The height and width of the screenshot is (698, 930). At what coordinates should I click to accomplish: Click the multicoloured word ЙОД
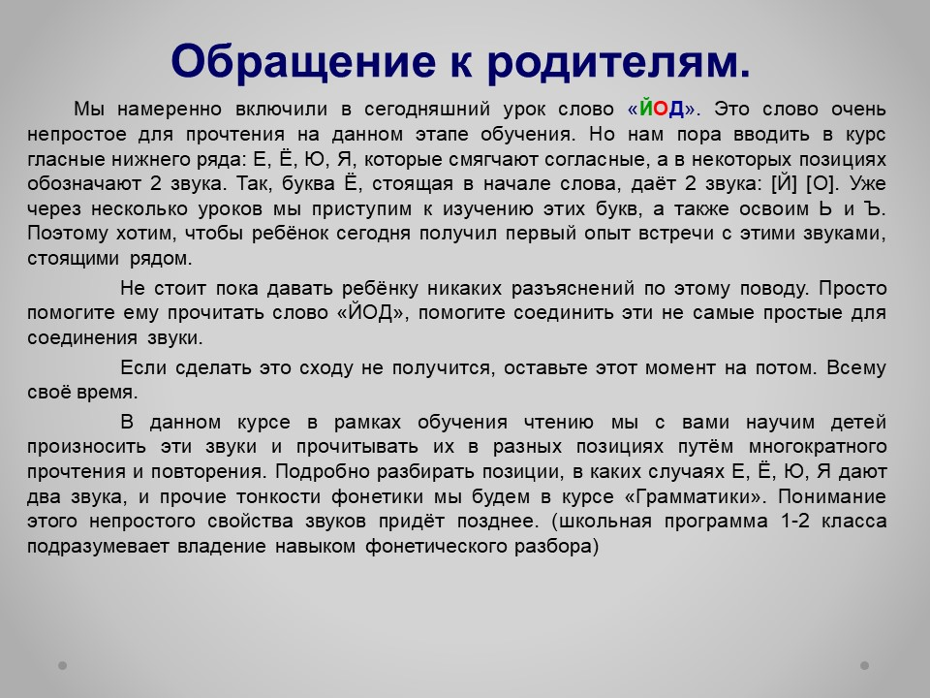pos(662,109)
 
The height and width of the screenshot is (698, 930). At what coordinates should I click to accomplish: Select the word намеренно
pos(169,110)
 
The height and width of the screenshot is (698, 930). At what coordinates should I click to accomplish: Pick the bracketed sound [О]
pos(821,183)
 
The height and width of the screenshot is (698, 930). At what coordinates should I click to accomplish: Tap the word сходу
pos(326,368)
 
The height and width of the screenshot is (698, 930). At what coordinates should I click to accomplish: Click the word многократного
pos(818,446)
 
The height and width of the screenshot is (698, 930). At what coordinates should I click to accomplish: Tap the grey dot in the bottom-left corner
pos(62,665)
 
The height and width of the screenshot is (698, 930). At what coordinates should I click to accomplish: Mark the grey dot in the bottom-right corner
pos(865,665)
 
